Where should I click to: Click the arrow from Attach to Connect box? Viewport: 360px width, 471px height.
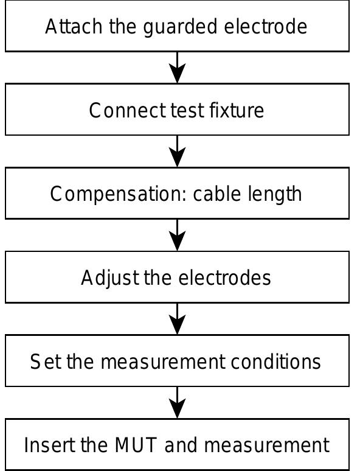point(177,67)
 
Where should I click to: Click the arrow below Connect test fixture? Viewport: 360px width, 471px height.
point(177,151)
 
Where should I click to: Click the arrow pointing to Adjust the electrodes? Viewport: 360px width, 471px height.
point(177,234)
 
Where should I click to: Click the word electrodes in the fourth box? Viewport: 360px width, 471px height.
point(224,277)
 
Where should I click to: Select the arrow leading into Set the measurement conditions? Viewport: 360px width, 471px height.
point(177,318)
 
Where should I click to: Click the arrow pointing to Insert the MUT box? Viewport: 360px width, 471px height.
point(177,402)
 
